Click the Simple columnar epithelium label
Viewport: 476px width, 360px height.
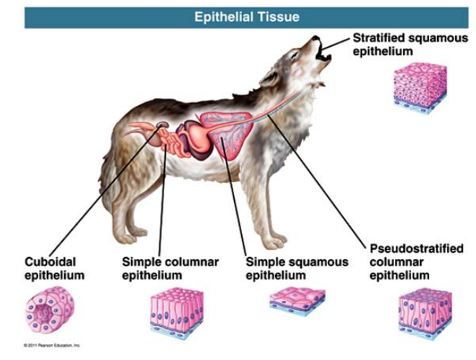(170, 268)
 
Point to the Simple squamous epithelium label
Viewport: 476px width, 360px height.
(297, 268)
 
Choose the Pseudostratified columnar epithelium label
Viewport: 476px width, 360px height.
(416, 261)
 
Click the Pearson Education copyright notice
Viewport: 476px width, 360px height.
(50, 346)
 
